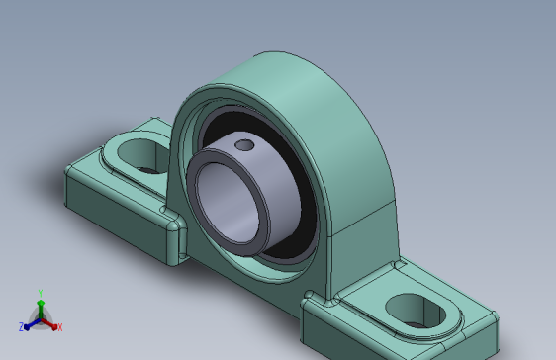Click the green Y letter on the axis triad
tap(40, 293)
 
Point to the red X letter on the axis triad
tap(59, 326)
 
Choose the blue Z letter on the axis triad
tap(21, 326)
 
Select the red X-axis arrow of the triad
tap(50, 322)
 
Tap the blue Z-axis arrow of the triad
tap(30, 322)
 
